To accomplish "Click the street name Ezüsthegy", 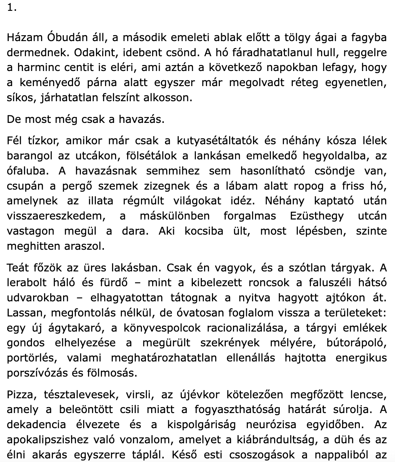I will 317,216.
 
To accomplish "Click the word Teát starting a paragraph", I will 18,267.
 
